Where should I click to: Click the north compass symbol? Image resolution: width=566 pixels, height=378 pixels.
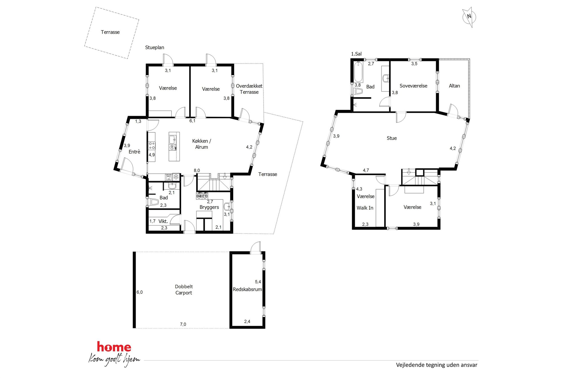(469, 17)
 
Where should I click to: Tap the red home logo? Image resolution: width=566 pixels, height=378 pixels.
(114, 347)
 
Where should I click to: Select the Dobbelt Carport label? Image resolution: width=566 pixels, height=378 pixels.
(184, 289)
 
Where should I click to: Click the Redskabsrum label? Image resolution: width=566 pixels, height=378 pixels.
(247, 289)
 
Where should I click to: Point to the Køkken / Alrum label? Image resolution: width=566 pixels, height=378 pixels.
(202, 144)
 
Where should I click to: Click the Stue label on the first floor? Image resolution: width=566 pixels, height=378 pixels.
(392, 138)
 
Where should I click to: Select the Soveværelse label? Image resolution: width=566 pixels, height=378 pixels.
(413, 86)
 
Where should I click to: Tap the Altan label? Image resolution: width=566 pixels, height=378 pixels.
(454, 86)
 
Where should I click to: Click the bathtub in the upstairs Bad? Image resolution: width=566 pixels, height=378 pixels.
(358, 72)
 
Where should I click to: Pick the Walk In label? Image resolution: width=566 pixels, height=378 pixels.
(365, 208)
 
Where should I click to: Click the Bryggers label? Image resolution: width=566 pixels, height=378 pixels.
(209, 207)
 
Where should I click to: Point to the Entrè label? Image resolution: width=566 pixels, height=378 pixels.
(134, 152)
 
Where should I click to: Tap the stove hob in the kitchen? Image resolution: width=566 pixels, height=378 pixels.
(152, 146)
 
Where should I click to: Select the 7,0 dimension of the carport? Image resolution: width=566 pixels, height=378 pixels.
(183, 324)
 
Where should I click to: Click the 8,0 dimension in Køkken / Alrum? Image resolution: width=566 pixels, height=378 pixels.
(197, 171)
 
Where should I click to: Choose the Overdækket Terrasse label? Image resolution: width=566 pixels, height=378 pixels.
(249, 89)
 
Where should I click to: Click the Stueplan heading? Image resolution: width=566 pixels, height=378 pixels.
(155, 47)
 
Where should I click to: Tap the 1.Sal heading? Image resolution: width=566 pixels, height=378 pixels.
(356, 54)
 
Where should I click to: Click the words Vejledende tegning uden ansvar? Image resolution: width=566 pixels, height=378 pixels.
(436, 365)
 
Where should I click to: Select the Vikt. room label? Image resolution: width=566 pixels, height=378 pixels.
(163, 221)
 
